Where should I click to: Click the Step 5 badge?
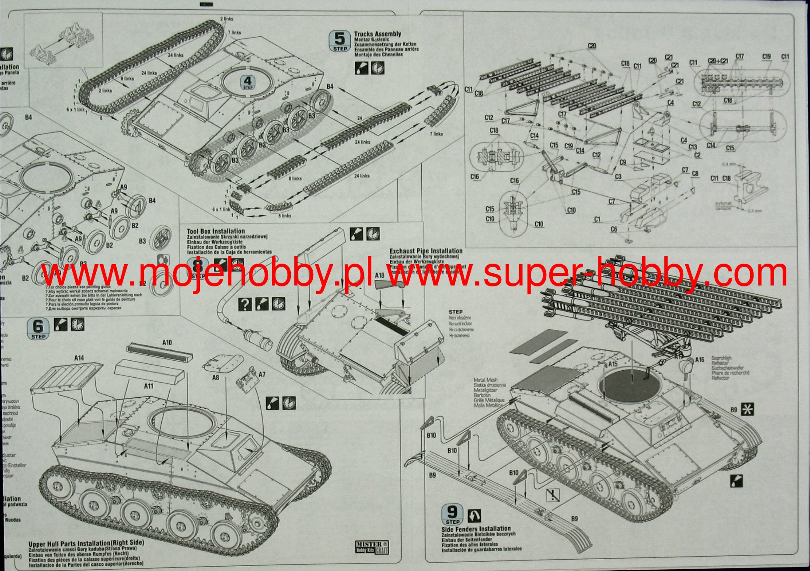[339, 41]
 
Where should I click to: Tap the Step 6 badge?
[38, 328]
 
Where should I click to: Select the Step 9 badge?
[452, 514]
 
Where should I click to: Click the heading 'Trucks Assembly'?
[377, 34]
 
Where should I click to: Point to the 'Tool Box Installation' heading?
[216, 231]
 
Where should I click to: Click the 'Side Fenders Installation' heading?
[476, 529]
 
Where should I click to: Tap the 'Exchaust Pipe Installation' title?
[426, 251]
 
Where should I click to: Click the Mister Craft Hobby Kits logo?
[372, 547]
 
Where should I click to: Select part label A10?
[167, 343]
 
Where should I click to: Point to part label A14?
[79, 358]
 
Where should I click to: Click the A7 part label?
[262, 375]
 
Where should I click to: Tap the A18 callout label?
[380, 276]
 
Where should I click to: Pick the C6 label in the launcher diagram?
[614, 229]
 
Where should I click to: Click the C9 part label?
[623, 162]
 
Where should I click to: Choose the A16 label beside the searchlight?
[700, 359]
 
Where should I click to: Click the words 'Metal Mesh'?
[485, 380]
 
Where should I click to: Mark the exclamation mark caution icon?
[553, 495]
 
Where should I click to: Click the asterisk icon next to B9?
[748, 410]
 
